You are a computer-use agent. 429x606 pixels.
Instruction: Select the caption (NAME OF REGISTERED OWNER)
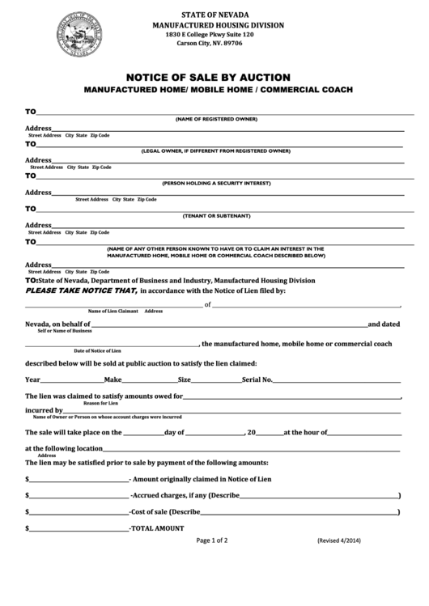click(216, 119)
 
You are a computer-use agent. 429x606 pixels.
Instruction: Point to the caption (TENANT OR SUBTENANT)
click(216, 216)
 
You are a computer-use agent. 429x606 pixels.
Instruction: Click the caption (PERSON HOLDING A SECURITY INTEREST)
click(216, 183)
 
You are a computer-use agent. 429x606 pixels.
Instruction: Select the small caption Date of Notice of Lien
click(97, 351)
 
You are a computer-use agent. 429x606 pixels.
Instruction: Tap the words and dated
click(384, 324)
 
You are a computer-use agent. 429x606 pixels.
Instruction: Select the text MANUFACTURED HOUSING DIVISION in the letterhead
click(219, 26)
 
